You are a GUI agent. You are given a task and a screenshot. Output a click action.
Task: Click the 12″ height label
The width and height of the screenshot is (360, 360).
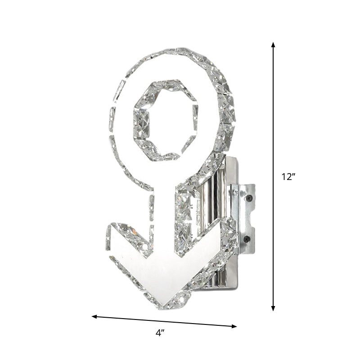(288, 177)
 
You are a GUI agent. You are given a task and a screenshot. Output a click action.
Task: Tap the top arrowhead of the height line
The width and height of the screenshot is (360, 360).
(273, 44)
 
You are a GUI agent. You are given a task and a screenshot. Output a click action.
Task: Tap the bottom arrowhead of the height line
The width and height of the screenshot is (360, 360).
(273, 308)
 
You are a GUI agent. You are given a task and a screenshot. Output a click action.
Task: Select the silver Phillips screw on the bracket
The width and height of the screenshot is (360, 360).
(235, 193)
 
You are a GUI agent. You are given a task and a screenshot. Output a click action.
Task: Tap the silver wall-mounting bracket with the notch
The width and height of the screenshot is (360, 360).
(243, 216)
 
